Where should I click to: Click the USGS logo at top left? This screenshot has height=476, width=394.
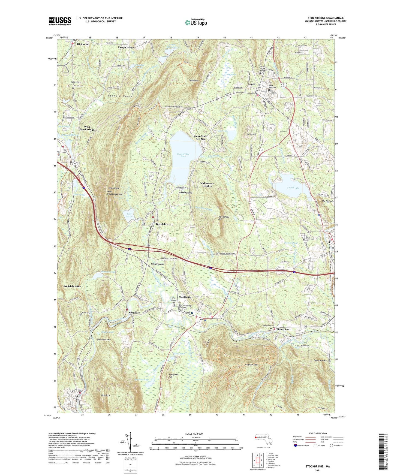coord(60,21)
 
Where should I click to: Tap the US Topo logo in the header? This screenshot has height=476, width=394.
coord(196,22)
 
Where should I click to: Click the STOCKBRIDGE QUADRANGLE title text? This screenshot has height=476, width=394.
coord(326,18)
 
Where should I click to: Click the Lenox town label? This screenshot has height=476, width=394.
coord(252,84)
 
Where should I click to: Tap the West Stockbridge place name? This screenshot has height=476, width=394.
coord(87,128)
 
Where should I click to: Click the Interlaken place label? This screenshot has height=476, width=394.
coord(162,224)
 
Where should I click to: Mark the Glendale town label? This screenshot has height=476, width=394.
coord(134,313)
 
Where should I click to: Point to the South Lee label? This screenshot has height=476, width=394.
coord(283,329)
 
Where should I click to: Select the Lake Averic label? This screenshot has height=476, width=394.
coord(129,215)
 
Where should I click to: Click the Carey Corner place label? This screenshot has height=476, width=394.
coord(126,47)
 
